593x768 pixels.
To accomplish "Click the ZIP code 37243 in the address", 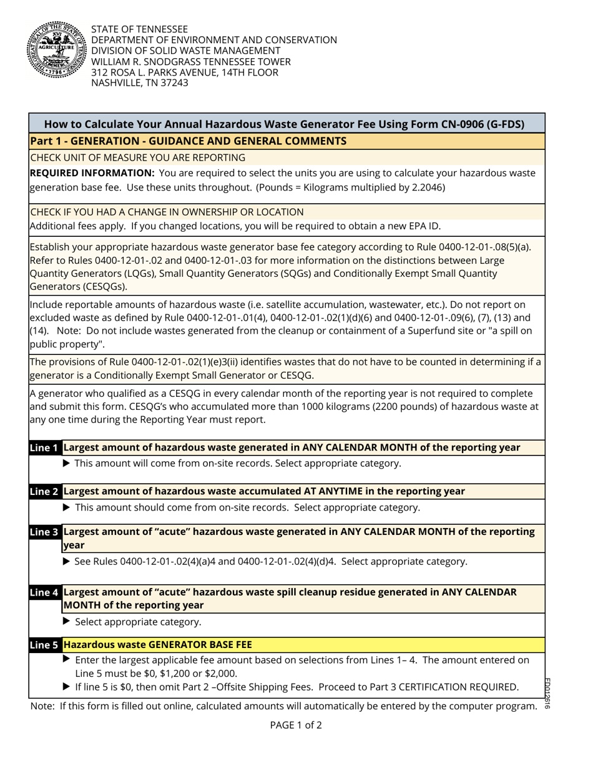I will click(172, 82).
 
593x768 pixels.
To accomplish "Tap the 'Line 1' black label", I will click(46, 447).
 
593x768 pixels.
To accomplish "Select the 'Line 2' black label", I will click(46, 491).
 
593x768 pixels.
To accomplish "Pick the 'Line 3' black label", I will click(46, 532).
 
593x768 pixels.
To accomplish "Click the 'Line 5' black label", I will click(46, 644).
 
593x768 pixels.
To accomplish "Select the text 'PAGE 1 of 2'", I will click(296, 726).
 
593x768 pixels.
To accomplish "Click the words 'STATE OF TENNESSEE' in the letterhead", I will click(139, 29).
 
